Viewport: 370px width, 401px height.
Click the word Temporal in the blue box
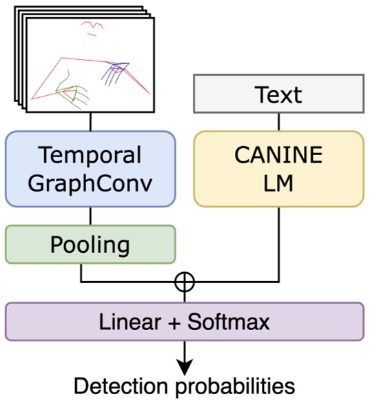[x=90, y=155]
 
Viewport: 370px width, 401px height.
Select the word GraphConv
[x=90, y=183]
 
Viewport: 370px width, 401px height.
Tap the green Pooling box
[x=90, y=244]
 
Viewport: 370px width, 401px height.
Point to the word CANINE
[x=278, y=155]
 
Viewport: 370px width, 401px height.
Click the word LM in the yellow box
[x=278, y=183]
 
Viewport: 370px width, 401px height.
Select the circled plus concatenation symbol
[x=185, y=282]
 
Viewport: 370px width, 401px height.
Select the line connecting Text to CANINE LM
[x=278, y=121]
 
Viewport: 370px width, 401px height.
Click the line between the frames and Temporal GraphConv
[x=90, y=122]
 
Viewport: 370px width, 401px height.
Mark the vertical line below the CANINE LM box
[x=278, y=241]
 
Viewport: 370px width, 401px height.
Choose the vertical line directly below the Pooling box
[x=81, y=272]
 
